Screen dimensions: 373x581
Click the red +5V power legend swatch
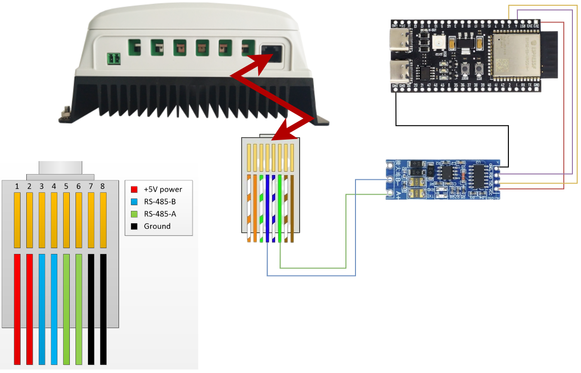point(134,189)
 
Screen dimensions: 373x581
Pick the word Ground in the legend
point(157,226)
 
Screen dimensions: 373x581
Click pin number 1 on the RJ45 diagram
point(17,186)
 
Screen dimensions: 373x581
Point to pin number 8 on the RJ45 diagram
point(102,186)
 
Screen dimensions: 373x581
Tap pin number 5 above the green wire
point(66,186)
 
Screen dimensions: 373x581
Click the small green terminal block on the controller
point(113,59)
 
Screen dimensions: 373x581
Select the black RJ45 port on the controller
point(272,53)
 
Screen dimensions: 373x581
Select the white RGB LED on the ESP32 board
point(438,43)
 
